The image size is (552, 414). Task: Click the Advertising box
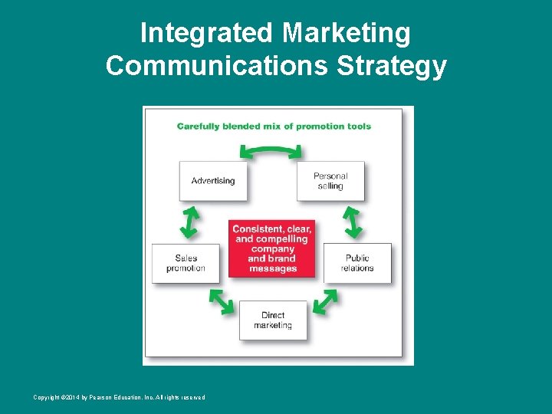click(x=213, y=181)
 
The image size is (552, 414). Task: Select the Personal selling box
click(x=330, y=181)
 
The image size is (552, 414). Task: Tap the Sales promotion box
click(x=186, y=263)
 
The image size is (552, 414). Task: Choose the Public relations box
click(x=357, y=263)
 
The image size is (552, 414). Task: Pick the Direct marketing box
click(x=273, y=320)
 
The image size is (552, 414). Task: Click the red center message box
click(x=272, y=248)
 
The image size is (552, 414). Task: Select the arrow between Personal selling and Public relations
click(x=352, y=222)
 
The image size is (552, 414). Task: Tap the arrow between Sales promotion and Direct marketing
click(x=222, y=301)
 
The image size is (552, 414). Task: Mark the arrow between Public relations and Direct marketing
click(x=325, y=301)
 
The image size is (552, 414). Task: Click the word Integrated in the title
click(x=207, y=34)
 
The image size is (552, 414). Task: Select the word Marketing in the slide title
click(x=347, y=34)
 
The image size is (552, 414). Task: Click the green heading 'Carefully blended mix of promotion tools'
click(x=274, y=127)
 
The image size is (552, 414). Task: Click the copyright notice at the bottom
click(x=119, y=397)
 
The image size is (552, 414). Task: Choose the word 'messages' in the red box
click(x=273, y=268)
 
